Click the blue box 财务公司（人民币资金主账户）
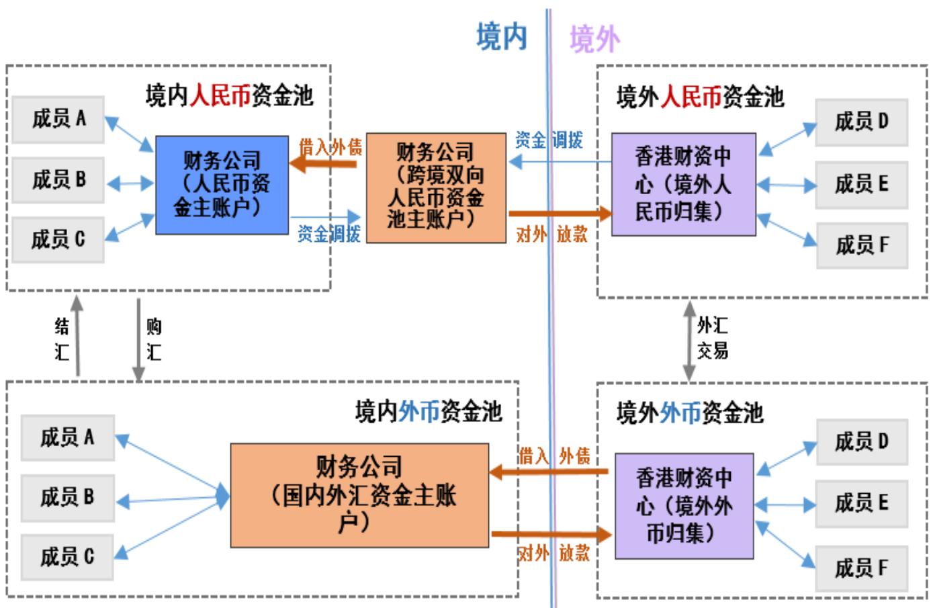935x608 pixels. click(x=222, y=185)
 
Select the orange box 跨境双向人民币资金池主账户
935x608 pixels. click(x=435, y=187)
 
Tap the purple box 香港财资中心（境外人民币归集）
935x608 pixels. click(x=683, y=184)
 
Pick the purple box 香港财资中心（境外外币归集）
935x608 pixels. click(x=684, y=505)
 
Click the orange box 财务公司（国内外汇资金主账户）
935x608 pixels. click(x=359, y=495)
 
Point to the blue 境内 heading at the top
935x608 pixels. click(x=501, y=37)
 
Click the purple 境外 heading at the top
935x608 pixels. click(x=594, y=38)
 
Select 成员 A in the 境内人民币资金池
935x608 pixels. click(x=58, y=120)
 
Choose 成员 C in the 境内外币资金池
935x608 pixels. click(x=66, y=556)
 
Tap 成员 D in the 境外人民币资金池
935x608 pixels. click(x=861, y=122)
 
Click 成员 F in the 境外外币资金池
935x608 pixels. click(x=861, y=568)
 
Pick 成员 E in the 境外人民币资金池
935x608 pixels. click(x=861, y=183)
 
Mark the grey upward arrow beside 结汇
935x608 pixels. click(x=77, y=336)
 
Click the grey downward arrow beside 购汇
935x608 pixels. click(x=138, y=339)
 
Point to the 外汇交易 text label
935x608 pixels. click(x=713, y=338)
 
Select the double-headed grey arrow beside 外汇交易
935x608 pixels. click(x=689, y=341)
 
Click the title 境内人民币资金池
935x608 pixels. click(x=229, y=96)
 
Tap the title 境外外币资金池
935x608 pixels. click(x=690, y=412)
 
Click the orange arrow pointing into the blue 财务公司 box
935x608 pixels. click(x=322, y=163)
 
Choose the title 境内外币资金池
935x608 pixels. click(x=428, y=411)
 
